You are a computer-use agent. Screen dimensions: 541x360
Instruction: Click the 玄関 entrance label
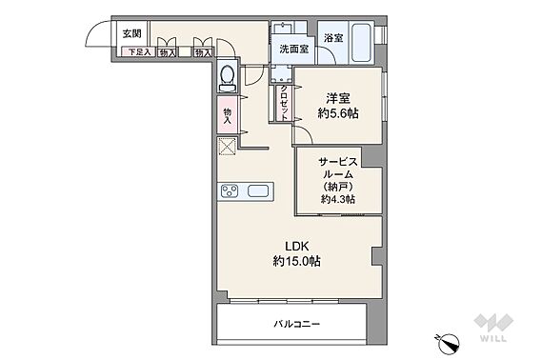[132, 34]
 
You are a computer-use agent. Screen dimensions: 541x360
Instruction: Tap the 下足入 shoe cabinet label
[139, 52]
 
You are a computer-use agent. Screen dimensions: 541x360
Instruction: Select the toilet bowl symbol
[228, 77]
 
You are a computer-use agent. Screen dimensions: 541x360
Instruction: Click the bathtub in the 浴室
[362, 43]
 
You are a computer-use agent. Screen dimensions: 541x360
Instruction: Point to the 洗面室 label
[294, 50]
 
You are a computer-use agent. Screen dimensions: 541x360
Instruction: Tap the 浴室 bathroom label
[333, 38]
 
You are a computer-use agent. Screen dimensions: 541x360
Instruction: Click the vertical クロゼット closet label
[284, 103]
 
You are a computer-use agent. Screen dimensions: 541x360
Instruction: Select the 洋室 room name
[338, 99]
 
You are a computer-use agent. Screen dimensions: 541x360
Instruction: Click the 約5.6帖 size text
[338, 113]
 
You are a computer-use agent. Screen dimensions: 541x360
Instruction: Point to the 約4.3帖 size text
[338, 199]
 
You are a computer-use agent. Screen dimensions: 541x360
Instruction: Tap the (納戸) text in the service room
[338, 187]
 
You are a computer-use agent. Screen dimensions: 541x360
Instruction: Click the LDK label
[296, 246]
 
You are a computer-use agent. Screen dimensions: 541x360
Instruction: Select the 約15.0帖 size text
[297, 261]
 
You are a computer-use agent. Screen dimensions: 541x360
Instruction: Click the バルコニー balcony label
[297, 324]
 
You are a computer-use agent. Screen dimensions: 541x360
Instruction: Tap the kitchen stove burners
[230, 191]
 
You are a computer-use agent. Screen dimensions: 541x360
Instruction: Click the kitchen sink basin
[258, 190]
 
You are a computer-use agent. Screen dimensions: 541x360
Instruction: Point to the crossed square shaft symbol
[228, 147]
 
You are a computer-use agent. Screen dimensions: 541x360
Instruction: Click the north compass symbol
[449, 342]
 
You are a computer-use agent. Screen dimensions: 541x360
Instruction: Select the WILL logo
[493, 328]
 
